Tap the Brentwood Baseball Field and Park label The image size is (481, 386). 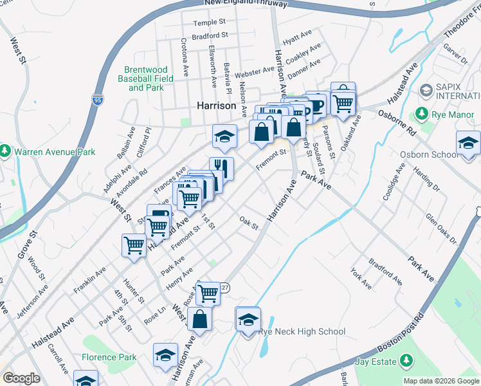(146, 78)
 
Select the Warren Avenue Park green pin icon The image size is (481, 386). (5, 151)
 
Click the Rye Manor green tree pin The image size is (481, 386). (422, 114)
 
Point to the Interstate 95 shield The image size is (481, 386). (97, 100)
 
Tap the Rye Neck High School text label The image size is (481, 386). (302, 332)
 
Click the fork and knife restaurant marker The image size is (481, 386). (221, 169)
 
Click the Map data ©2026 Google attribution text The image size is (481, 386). (441, 381)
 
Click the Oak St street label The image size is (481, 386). (248, 223)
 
